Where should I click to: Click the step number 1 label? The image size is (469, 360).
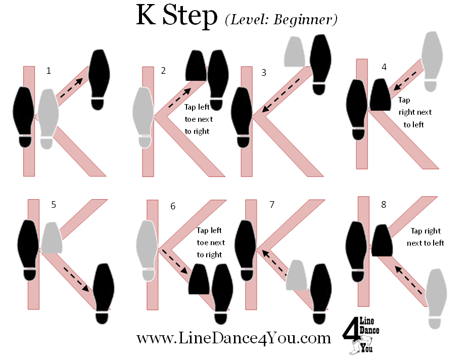(49, 71)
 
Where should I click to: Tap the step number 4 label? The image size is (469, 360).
(384, 67)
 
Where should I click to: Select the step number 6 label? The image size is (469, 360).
(173, 206)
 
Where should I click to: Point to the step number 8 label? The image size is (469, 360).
(384, 205)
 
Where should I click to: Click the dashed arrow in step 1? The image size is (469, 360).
(71, 87)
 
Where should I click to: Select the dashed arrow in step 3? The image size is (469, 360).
(281, 96)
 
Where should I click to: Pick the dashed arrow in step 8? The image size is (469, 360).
(409, 281)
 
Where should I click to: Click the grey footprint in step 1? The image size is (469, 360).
(48, 119)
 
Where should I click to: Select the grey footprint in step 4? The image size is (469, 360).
(432, 61)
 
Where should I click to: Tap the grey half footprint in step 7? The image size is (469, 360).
(296, 275)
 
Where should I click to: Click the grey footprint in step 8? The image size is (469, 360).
(436, 299)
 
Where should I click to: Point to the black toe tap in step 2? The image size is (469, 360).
(196, 66)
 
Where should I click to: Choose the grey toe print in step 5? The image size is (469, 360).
(52, 238)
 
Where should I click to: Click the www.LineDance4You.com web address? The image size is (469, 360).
(234, 338)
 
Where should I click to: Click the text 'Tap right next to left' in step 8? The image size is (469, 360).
(426, 237)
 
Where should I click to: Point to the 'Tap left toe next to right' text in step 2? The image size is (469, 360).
(199, 119)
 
